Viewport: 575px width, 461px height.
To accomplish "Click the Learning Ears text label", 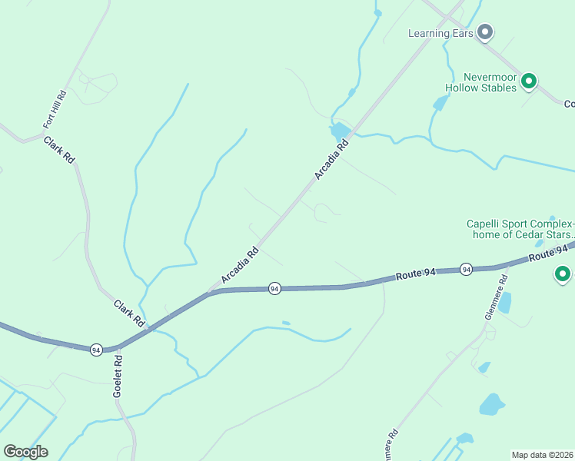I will coord(440,33).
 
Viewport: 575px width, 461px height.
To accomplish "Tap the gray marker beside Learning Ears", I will coord(485,32).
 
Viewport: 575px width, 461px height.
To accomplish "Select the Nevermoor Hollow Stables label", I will coord(490,82).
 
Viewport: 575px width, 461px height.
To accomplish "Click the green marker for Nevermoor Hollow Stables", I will coord(528,81).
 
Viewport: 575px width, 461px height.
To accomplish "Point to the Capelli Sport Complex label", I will coord(520,230).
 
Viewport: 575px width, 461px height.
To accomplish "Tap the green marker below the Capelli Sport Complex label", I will coord(563,274).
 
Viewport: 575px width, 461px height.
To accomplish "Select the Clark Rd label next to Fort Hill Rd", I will coord(59,149).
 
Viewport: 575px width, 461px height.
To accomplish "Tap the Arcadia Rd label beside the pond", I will coord(331,160).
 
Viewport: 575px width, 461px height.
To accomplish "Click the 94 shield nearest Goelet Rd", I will coord(95,350).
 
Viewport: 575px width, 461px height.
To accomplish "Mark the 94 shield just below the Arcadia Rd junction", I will coord(274,288).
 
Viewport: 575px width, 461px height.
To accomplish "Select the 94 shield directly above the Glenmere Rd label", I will coord(466,269).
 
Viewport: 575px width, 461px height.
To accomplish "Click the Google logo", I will coord(25,452).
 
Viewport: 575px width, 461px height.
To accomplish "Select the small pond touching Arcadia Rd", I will coord(339,131).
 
